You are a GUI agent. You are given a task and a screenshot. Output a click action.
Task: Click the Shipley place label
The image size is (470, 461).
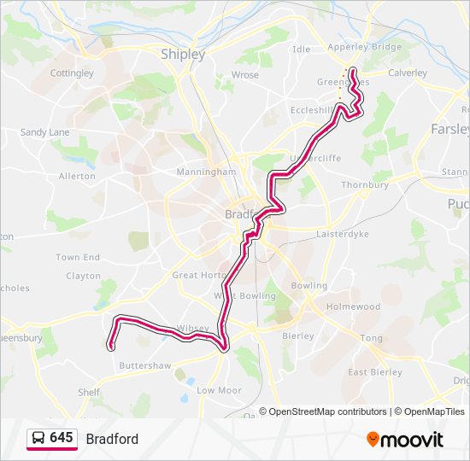pyautogui.click(x=183, y=55)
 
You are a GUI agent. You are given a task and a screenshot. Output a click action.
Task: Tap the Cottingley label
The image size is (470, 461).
pyautogui.click(x=72, y=73)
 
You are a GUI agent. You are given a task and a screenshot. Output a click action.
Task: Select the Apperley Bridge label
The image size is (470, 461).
pyautogui.click(x=364, y=48)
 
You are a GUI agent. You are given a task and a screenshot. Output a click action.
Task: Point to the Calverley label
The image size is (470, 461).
pyautogui.click(x=407, y=73)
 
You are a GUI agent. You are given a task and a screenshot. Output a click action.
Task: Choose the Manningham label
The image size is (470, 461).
pyautogui.click(x=205, y=172)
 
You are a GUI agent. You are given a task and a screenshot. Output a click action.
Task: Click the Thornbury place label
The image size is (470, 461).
pyautogui.click(x=365, y=184)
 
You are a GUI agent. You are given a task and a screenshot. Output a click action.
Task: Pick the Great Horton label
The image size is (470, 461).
pyautogui.click(x=199, y=275)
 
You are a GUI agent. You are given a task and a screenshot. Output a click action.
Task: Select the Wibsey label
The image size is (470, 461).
pyautogui.click(x=192, y=329)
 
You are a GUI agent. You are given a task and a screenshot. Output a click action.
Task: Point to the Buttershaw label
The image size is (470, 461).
pyautogui.click(x=145, y=365)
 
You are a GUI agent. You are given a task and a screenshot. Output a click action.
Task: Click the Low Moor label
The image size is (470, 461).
pyautogui.click(x=219, y=390)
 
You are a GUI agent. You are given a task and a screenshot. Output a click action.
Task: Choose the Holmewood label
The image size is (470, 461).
pyautogui.click(x=353, y=306)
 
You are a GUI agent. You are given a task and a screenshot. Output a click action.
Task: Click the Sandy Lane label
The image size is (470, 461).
pyautogui.click(x=44, y=132)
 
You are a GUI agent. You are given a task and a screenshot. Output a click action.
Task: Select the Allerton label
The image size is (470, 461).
pyautogui.click(x=77, y=176)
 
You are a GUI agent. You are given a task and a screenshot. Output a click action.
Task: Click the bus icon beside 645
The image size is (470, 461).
pyautogui.click(x=38, y=439)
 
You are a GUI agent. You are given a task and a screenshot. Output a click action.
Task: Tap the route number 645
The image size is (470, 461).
pyautogui.click(x=62, y=438)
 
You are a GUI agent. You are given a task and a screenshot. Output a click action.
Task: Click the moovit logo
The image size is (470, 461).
pyautogui.click(x=405, y=440)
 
